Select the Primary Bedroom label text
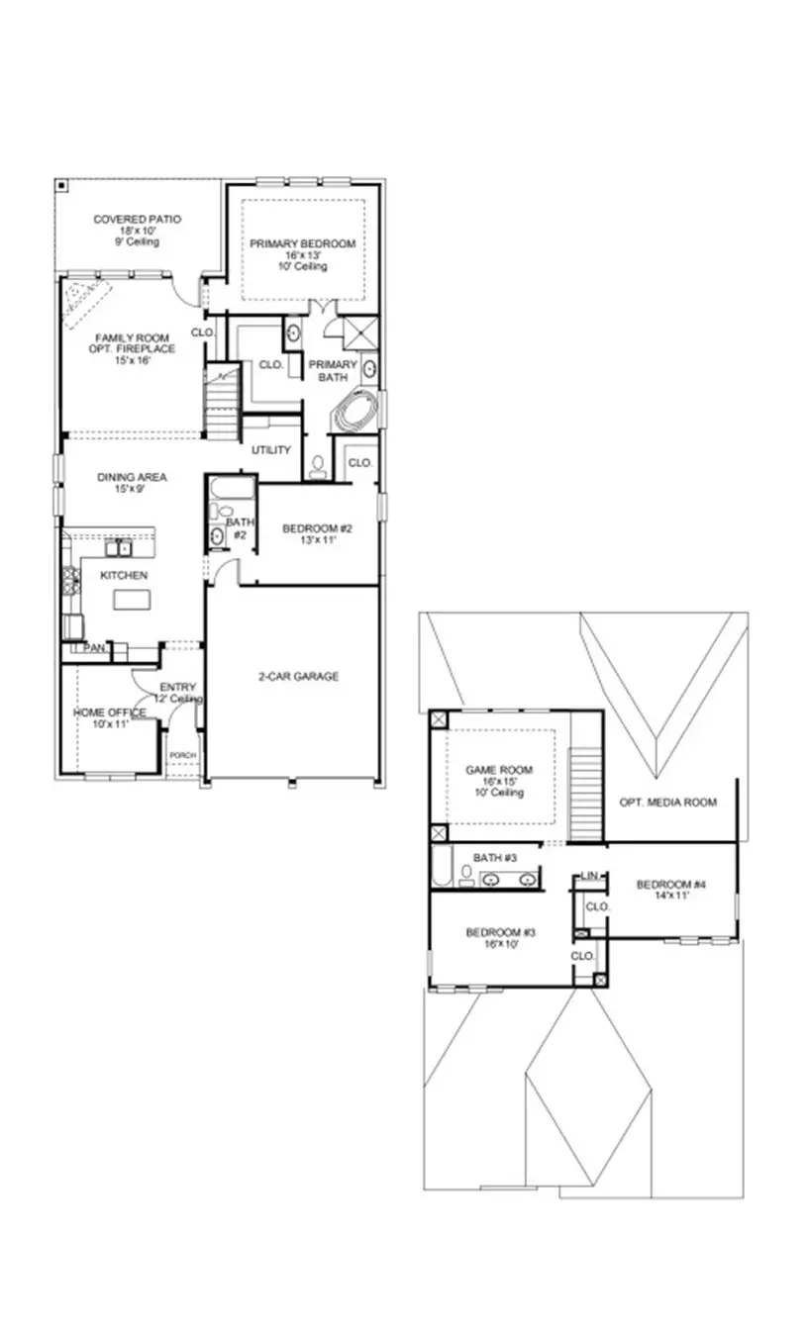pos(302,244)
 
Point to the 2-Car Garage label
pos(292,677)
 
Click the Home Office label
pos(109,712)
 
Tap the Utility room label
pos(270,450)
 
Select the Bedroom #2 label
pos(317,528)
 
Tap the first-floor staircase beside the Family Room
pos(223,401)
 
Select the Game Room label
pos(499,770)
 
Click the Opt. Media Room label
pos(666,802)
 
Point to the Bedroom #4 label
pos(670,885)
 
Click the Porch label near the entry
pos(182,755)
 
